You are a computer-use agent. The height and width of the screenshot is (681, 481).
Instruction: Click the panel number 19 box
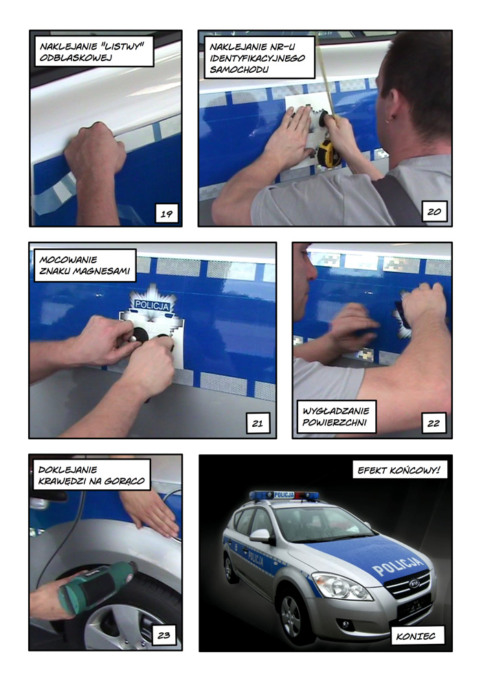(x=167, y=213)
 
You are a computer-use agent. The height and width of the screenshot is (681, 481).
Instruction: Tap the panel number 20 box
(x=434, y=212)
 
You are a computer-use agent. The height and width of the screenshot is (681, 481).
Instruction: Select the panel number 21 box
(x=258, y=423)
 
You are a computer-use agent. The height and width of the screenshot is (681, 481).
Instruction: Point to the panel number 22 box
(x=434, y=423)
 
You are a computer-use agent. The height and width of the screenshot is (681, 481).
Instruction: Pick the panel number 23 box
(x=164, y=635)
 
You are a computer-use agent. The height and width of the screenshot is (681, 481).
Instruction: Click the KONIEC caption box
(x=416, y=636)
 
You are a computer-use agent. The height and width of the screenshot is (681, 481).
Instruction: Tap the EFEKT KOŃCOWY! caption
(x=399, y=470)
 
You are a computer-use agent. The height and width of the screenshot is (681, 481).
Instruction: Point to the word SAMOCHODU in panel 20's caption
(x=238, y=69)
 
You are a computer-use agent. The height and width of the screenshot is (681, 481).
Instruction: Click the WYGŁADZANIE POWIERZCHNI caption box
(x=336, y=416)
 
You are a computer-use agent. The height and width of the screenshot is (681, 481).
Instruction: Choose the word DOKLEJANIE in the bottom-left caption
(x=68, y=469)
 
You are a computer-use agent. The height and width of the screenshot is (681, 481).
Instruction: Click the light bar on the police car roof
(x=284, y=495)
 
